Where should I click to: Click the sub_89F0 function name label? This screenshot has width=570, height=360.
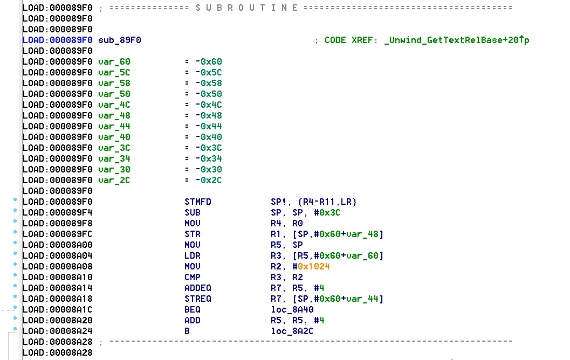tap(120, 40)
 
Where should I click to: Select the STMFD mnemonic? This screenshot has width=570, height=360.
tap(198, 202)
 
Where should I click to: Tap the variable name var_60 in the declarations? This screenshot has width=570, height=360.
tap(114, 62)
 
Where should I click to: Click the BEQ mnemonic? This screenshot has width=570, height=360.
tap(193, 310)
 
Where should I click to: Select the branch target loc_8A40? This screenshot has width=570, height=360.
tap(292, 310)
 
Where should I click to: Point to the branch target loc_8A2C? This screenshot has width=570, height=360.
tap(292, 331)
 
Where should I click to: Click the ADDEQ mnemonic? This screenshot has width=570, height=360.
tap(198, 288)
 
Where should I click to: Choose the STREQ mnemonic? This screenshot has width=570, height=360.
tap(198, 299)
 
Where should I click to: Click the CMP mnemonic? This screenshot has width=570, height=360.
tap(193, 278)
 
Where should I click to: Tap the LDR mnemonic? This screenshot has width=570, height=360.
tap(193, 256)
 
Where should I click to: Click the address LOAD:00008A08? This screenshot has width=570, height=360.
tap(57, 267)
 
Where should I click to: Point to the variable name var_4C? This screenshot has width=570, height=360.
tap(114, 105)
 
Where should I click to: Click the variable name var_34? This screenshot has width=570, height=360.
tap(114, 159)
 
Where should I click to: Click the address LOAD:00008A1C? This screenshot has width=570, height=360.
tap(57, 310)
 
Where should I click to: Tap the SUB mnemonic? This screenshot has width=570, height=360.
tap(193, 213)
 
